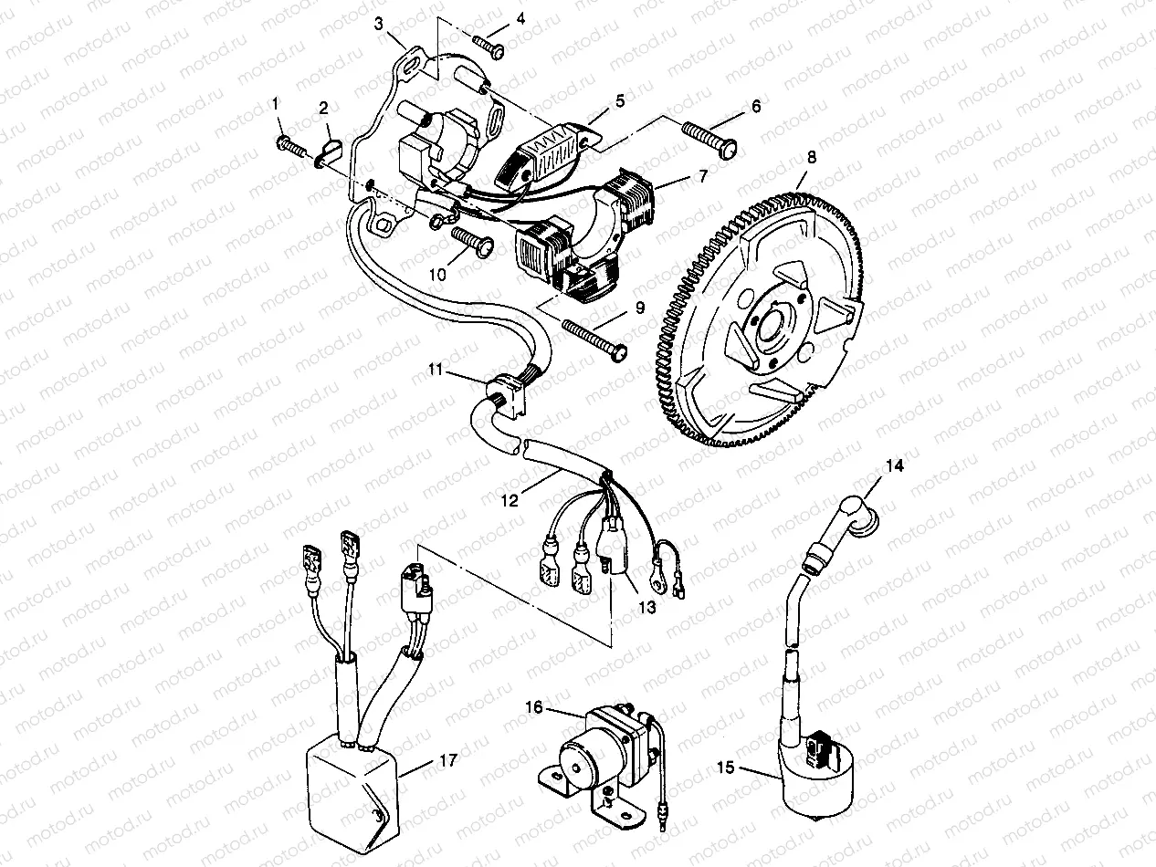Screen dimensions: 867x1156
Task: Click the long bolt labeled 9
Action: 594,337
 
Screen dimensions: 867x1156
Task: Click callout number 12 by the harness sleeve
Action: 510,500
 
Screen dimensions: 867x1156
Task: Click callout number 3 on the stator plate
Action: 379,25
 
